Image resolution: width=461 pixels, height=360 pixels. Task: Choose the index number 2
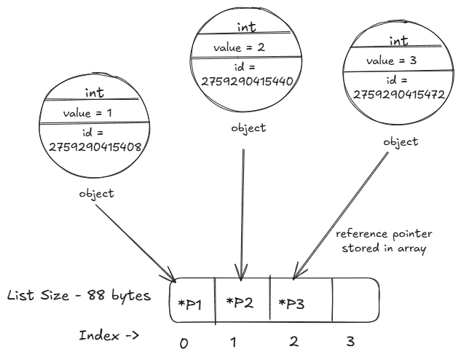pos(293,341)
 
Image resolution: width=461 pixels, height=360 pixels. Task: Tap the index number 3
pos(352,341)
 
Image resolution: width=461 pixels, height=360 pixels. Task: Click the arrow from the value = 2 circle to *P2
pos(243,211)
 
